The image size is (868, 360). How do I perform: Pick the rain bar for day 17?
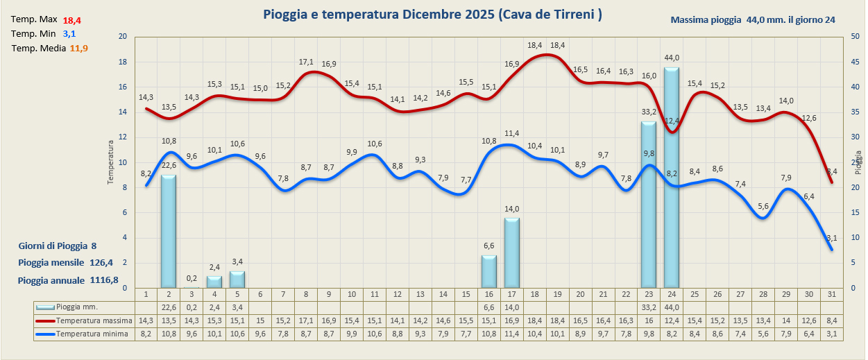point(511,252)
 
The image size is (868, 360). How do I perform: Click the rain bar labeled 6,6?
point(488,271)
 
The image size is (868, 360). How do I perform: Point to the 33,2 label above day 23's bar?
point(649,112)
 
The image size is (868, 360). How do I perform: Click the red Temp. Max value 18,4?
point(72,20)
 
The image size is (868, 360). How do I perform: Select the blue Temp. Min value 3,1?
point(69,34)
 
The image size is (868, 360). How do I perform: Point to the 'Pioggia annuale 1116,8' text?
point(68,280)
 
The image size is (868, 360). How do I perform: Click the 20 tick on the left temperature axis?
point(123,37)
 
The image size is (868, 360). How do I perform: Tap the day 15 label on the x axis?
point(466,294)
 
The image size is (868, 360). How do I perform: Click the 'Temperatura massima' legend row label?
point(94,320)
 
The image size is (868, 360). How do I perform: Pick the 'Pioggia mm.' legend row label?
point(77,307)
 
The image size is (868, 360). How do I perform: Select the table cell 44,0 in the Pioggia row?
point(671,307)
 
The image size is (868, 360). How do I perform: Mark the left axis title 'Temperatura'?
point(110,162)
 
